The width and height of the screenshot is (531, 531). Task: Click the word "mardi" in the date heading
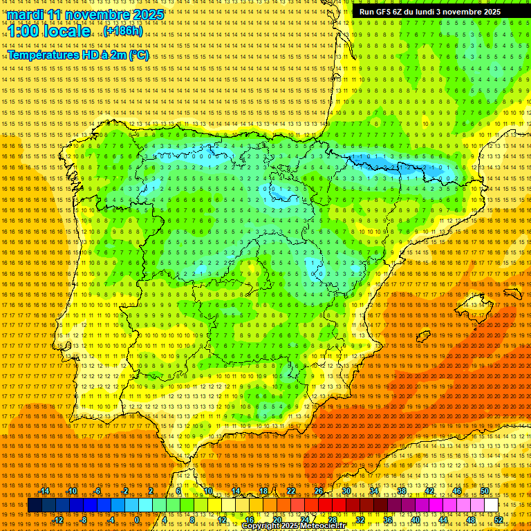click(x=26, y=15)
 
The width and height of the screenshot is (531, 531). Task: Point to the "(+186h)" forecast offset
click(x=123, y=31)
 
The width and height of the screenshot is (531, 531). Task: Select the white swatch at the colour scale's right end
click(x=491, y=505)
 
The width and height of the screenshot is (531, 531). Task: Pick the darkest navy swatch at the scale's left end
click(x=33, y=505)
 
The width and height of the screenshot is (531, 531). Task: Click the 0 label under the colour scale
click(x=138, y=520)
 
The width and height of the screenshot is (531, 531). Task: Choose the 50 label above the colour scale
click(x=485, y=491)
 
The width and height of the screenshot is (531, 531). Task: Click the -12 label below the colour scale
click(x=58, y=520)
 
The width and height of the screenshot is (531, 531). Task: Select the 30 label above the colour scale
click(x=346, y=491)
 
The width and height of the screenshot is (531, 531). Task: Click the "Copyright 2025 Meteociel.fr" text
click(x=293, y=526)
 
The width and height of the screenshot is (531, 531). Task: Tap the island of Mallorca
click(x=475, y=305)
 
